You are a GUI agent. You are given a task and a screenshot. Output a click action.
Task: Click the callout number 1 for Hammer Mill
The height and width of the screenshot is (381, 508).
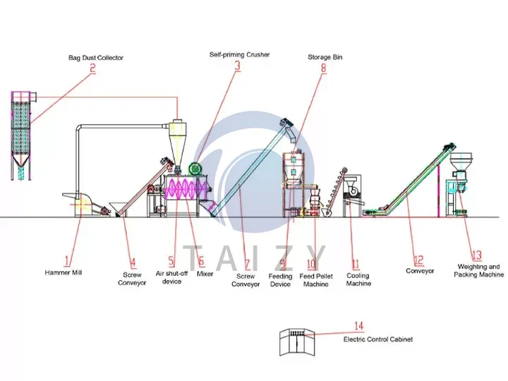[x=68, y=259]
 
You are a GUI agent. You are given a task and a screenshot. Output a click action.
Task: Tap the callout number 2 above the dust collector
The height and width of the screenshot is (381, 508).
[x=92, y=69]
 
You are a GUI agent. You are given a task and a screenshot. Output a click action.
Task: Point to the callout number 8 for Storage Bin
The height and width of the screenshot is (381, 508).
[x=324, y=68]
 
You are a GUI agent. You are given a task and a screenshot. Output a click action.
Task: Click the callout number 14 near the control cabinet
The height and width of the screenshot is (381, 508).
[x=358, y=326]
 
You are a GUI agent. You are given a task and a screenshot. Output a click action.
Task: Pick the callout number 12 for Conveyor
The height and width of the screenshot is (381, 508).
[x=418, y=260]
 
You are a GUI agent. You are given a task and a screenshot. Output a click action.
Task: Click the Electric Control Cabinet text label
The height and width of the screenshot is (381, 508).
[x=377, y=339]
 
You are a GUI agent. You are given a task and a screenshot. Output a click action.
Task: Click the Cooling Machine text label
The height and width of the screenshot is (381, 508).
[x=358, y=279]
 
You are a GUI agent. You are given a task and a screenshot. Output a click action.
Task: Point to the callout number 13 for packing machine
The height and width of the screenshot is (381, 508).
[x=476, y=255]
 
